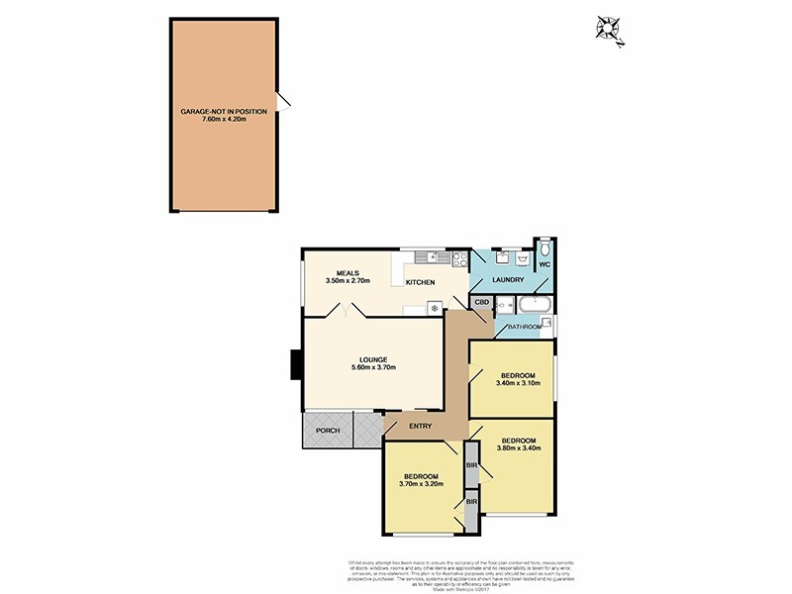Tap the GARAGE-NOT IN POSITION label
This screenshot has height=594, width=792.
[x=223, y=112]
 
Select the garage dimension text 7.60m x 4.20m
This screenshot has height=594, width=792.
[x=223, y=121]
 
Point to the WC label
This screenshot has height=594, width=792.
[x=544, y=265]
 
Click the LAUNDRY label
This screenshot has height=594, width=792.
[x=507, y=281]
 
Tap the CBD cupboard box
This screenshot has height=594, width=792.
[x=482, y=302]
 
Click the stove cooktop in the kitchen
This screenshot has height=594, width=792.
[x=459, y=259]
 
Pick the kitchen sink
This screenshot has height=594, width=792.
[x=427, y=259]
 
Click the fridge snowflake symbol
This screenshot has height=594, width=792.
[x=433, y=309]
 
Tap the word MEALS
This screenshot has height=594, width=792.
[x=346, y=273]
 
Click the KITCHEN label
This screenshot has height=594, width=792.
[x=420, y=283]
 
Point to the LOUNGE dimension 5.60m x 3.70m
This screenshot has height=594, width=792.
[x=373, y=367]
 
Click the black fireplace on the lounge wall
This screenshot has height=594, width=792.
[x=294, y=365]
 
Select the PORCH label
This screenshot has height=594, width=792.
[x=327, y=431]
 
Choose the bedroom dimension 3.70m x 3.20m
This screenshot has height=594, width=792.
[x=421, y=485]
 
